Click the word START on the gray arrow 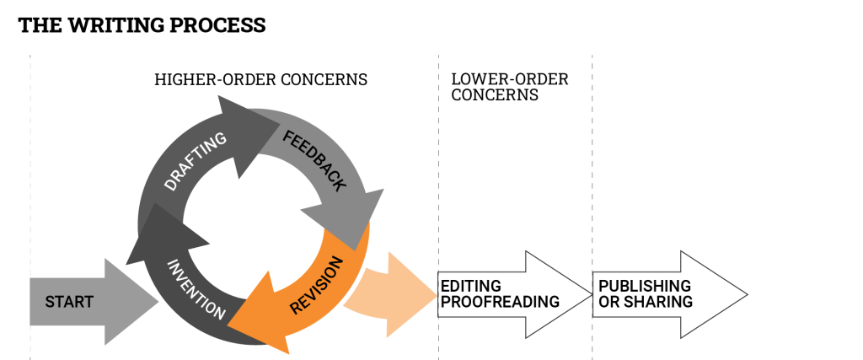tap(69, 302)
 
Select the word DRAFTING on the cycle tap(196, 161)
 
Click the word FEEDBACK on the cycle tap(314, 160)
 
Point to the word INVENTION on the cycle tap(196, 289)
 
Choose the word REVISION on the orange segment tap(316, 286)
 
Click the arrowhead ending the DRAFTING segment tap(244, 135)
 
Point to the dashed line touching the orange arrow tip tap(438, 169)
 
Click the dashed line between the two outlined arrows tap(592, 169)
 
